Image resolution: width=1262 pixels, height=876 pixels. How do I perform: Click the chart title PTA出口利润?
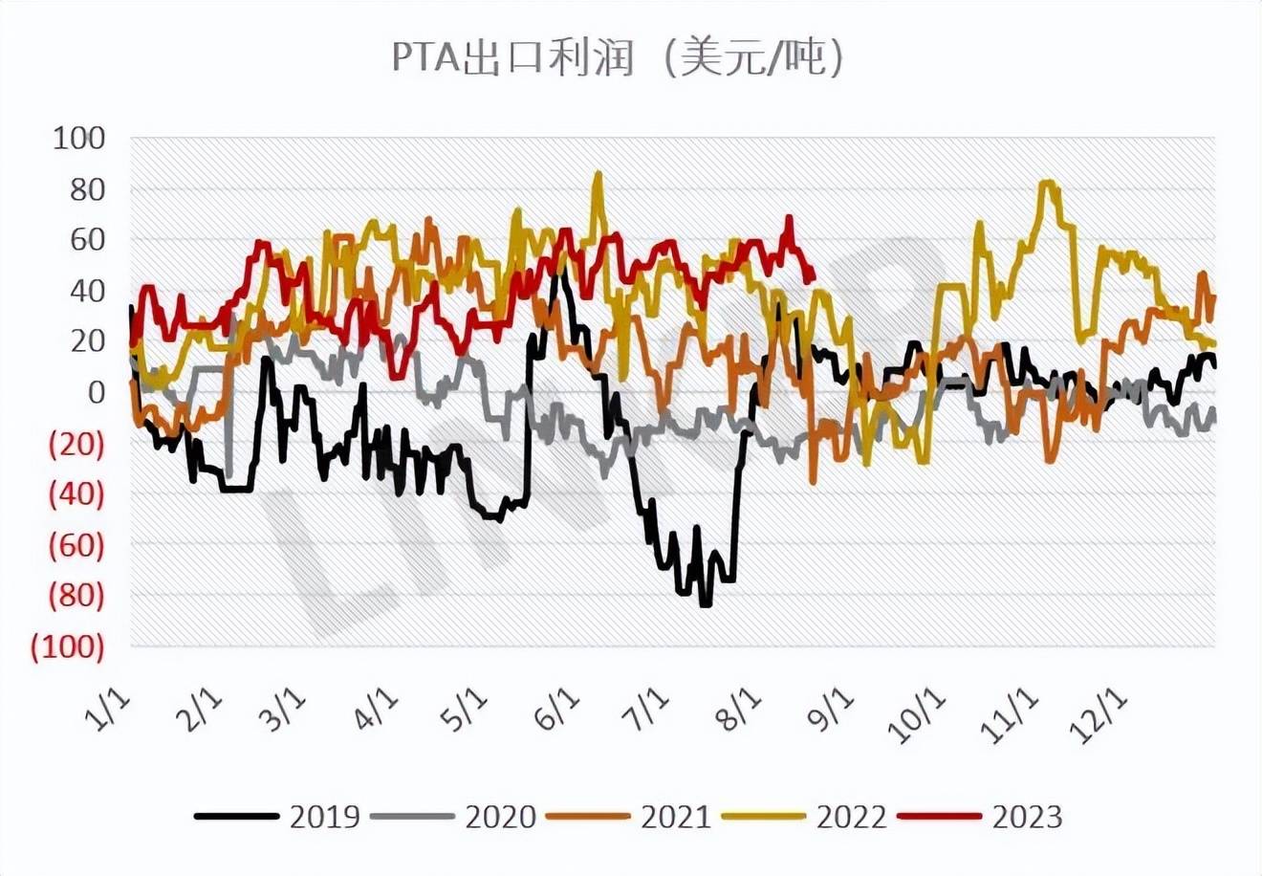coord(513,58)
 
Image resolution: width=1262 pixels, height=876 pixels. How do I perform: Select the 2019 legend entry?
coord(277,817)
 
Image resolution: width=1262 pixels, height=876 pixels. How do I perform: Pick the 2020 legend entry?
coord(453,817)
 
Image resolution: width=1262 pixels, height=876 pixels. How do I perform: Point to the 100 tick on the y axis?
coord(78,139)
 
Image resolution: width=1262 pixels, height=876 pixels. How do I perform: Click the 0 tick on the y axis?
coord(95,392)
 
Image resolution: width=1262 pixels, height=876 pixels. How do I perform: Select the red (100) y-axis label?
coord(68,646)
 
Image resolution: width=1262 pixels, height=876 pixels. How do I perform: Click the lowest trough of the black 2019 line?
coord(706,604)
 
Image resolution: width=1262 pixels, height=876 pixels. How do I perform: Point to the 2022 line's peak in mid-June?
coord(598,174)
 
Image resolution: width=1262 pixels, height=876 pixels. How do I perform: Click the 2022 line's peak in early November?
coord(1048,182)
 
